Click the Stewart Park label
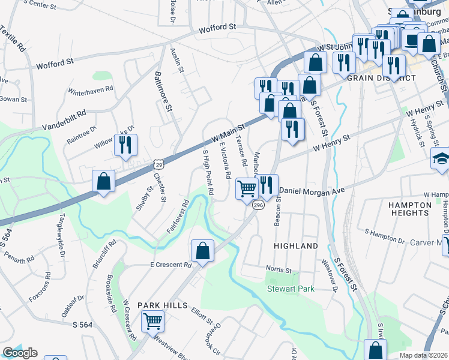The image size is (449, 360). tap(291, 289)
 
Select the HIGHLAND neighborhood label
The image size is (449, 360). tap(296, 246)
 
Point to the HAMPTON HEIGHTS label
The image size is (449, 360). tap(410, 209)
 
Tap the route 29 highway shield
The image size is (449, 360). tap(158, 163)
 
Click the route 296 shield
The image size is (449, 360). tap(258, 205)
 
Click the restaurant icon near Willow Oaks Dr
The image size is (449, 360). tap(125, 144)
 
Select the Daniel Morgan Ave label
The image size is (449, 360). tap(313, 190)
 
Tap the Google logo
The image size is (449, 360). tap(20, 353)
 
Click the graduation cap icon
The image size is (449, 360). tap(441, 160)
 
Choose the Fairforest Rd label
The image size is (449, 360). tap(178, 214)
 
